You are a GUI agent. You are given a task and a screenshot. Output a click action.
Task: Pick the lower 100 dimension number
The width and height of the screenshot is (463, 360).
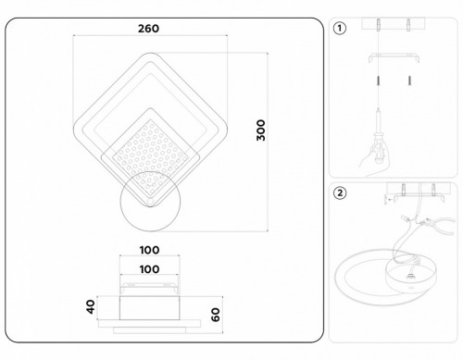point(150,269)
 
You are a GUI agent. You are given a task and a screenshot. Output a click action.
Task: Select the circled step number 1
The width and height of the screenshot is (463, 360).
point(341,28)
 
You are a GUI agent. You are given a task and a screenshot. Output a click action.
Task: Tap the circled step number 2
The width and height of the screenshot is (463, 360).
point(341,193)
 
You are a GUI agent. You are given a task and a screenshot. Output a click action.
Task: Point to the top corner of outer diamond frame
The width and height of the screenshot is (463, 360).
point(151,55)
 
